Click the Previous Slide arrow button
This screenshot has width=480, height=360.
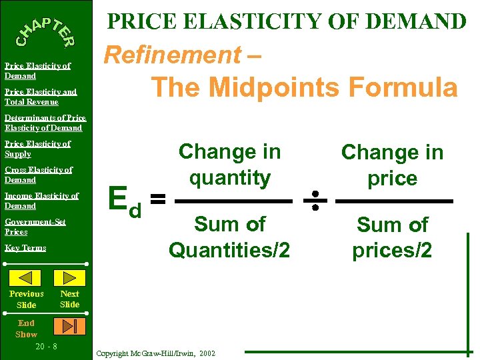click(26, 277)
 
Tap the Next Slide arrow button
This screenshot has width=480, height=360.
click(69, 277)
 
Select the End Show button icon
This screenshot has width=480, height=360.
click(69, 325)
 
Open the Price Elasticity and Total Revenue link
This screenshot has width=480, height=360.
click(40, 97)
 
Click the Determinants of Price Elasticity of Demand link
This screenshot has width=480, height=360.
click(45, 123)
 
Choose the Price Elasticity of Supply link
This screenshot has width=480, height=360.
click(37, 149)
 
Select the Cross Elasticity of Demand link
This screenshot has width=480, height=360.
click(38, 175)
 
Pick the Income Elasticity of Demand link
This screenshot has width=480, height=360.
click(41, 201)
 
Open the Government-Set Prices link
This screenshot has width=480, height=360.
click(35, 227)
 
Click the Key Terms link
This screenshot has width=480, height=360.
click(25, 248)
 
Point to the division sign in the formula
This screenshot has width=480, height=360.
click(315, 199)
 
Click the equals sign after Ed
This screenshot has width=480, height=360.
click(157, 199)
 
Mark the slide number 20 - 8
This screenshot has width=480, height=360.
click(46, 347)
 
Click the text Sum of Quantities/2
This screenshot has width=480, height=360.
click(229, 237)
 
